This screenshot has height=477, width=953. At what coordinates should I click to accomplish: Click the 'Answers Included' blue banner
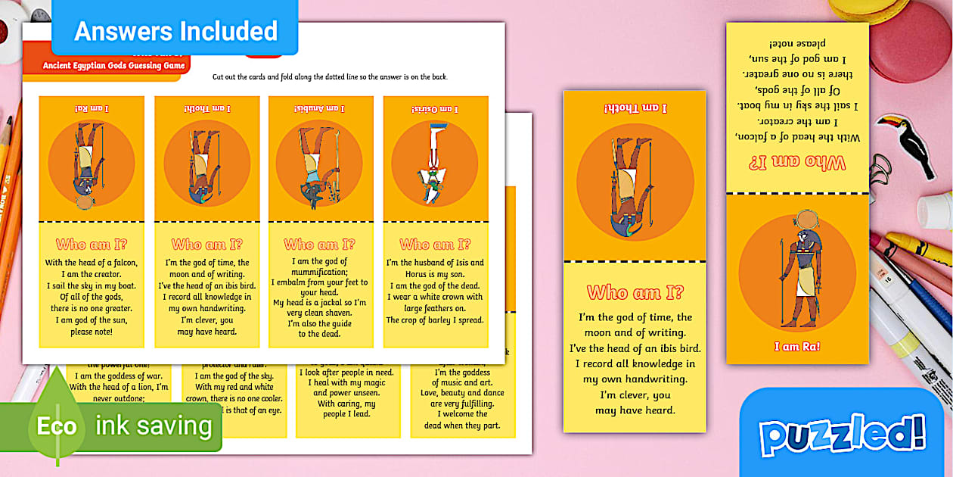(175, 30)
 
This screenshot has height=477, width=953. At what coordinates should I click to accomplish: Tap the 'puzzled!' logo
(842, 436)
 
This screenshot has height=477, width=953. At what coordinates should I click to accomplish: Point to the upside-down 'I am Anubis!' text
(318, 109)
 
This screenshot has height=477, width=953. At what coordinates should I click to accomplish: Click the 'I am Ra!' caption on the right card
(796, 347)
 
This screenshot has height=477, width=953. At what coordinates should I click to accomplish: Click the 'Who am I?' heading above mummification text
(319, 245)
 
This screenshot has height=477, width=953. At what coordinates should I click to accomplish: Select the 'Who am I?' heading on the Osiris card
(435, 245)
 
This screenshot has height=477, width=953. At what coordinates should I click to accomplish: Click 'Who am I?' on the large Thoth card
(635, 292)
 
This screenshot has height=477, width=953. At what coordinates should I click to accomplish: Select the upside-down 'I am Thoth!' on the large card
(635, 108)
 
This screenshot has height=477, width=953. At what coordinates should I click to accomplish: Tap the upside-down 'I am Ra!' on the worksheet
(91, 109)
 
